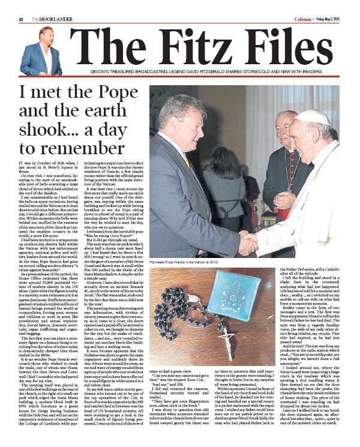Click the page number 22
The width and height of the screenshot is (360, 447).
point(21,5)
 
